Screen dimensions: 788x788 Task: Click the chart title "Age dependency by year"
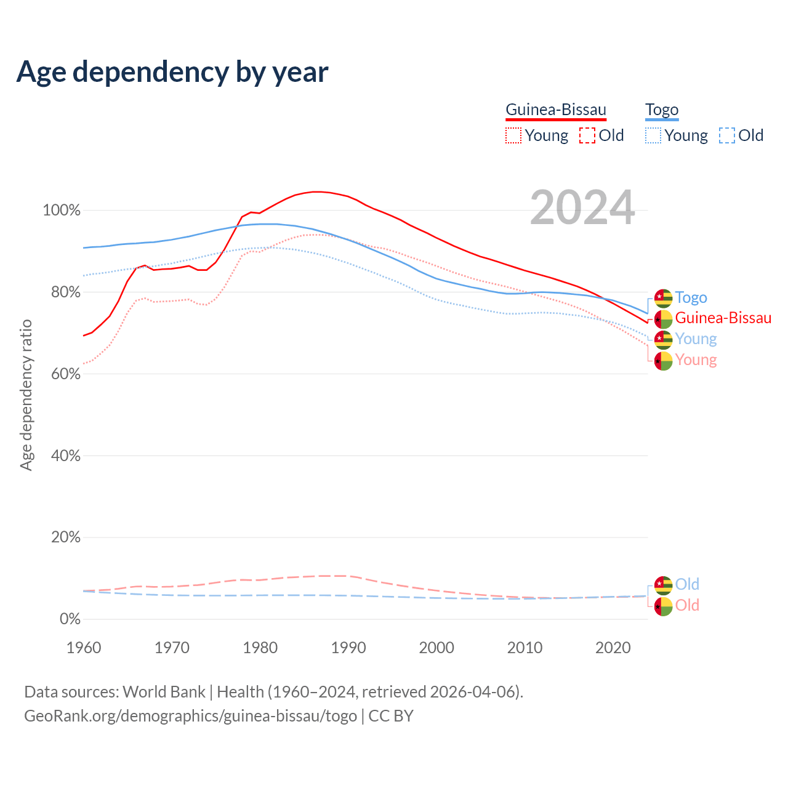tap(172, 72)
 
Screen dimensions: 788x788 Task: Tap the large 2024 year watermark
tap(582, 208)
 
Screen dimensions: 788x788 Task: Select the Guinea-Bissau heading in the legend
tap(556, 110)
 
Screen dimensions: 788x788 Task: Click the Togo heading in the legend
tap(662, 110)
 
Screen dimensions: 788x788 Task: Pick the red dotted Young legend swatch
tap(513, 135)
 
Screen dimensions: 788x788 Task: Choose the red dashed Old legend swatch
tap(587, 135)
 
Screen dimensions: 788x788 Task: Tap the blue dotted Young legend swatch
tap(653, 135)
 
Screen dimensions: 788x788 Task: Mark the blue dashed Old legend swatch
tap(727, 135)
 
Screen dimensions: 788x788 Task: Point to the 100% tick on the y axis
tap(62, 211)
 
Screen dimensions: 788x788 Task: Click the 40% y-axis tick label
tap(65, 456)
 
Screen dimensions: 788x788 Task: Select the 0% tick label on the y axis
tap(70, 619)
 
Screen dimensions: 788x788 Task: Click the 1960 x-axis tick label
tap(84, 648)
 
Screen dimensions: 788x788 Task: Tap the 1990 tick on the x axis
tap(348, 648)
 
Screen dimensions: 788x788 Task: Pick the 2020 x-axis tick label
tap(613, 648)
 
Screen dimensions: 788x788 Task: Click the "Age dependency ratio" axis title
tap(26, 395)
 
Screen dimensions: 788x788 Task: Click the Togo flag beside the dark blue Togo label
tap(663, 298)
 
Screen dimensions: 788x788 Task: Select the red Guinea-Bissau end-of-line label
tap(723, 318)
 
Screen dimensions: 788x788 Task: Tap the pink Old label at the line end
tap(687, 605)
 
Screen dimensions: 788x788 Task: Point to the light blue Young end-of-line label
tap(696, 339)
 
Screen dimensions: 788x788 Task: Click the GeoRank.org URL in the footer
tap(190, 716)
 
